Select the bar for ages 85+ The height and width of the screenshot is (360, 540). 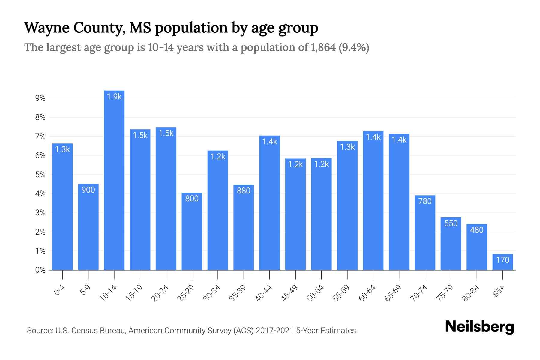(502, 262)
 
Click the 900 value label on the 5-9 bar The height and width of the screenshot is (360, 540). (88, 190)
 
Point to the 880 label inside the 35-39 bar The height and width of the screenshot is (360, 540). (243, 191)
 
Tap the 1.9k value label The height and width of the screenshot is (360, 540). (114, 97)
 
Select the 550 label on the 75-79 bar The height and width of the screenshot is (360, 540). (451, 223)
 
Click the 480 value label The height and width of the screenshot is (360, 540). (476, 230)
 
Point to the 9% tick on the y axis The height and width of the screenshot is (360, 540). (40, 98)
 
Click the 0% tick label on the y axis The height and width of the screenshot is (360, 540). (40, 270)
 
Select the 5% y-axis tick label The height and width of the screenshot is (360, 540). (40, 175)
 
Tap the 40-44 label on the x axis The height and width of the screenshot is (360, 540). (263, 293)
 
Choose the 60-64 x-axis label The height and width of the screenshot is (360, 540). (367, 293)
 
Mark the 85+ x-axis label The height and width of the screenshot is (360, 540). (499, 291)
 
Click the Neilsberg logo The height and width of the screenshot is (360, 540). (479, 327)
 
